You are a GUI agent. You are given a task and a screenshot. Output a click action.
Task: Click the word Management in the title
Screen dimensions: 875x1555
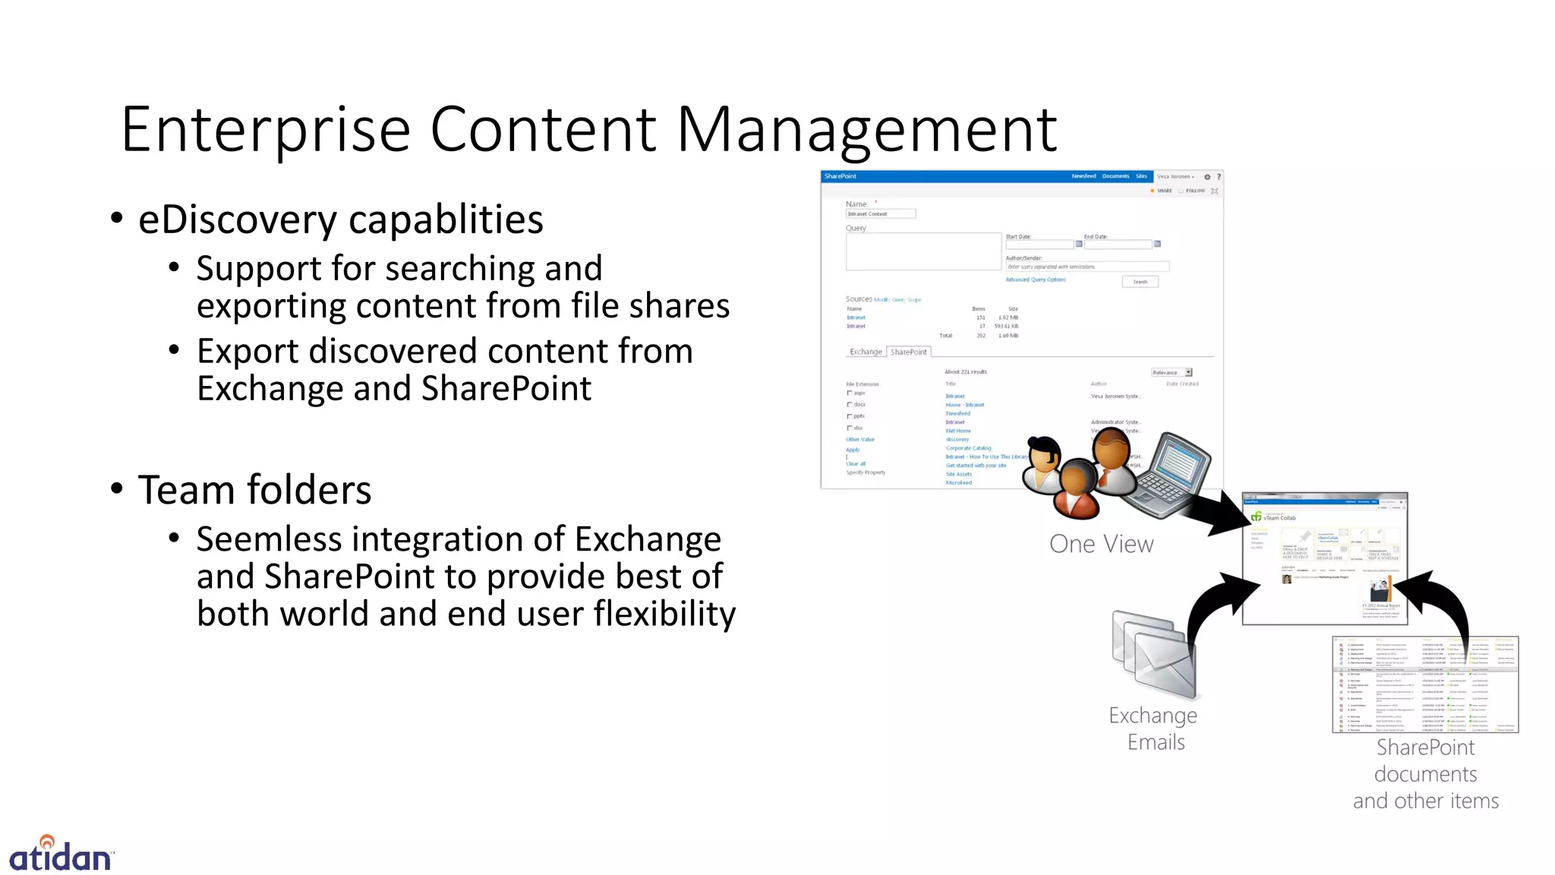866,131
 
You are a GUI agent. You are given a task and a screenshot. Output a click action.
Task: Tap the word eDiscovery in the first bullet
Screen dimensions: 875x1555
238,220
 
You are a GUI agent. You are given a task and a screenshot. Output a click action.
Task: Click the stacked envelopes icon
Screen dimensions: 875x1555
1153,654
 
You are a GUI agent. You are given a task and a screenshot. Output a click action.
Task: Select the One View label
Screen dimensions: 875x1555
1101,544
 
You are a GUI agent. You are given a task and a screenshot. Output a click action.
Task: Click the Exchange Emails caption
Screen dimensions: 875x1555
1153,728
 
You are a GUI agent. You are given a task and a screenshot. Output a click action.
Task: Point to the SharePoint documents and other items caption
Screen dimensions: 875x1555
1425,774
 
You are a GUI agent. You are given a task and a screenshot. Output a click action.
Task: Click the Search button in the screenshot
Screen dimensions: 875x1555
1140,282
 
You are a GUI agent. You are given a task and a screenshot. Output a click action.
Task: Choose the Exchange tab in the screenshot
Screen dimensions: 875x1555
866,352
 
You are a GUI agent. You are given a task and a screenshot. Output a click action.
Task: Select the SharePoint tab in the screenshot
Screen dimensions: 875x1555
908,352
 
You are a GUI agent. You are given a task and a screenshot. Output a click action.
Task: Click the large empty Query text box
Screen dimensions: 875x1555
923,251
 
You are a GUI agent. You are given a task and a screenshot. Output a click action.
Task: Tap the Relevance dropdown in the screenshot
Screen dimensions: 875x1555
1172,372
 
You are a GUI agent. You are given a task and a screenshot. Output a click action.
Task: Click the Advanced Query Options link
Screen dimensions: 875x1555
1036,280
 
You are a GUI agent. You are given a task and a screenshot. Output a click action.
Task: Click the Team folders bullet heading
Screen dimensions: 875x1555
254,490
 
